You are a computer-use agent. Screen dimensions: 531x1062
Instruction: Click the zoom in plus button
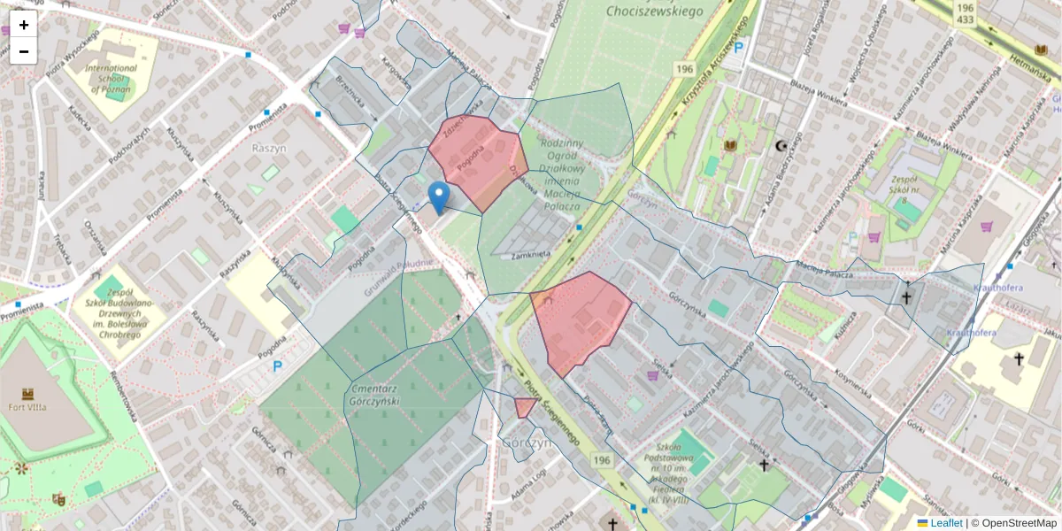[x=24, y=25]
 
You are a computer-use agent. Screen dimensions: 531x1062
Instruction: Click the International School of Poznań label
[x=111, y=78]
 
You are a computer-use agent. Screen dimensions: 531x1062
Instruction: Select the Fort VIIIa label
[x=27, y=406]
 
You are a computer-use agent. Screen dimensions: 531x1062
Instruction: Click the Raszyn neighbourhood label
[x=271, y=148]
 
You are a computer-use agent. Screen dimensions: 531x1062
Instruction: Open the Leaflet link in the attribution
[x=945, y=523]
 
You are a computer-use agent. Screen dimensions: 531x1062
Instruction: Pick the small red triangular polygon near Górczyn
[x=524, y=407]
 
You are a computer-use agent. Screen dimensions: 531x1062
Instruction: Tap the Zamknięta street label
[x=532, y=255]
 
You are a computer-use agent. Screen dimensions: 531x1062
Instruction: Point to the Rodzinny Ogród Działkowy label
[x=561, y=174]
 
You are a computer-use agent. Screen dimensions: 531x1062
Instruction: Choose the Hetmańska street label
[x=1033, y=71]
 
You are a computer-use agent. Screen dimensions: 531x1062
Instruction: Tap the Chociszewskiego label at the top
[x=654, y=11]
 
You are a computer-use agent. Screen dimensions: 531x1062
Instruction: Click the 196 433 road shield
[x=965, y=12]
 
